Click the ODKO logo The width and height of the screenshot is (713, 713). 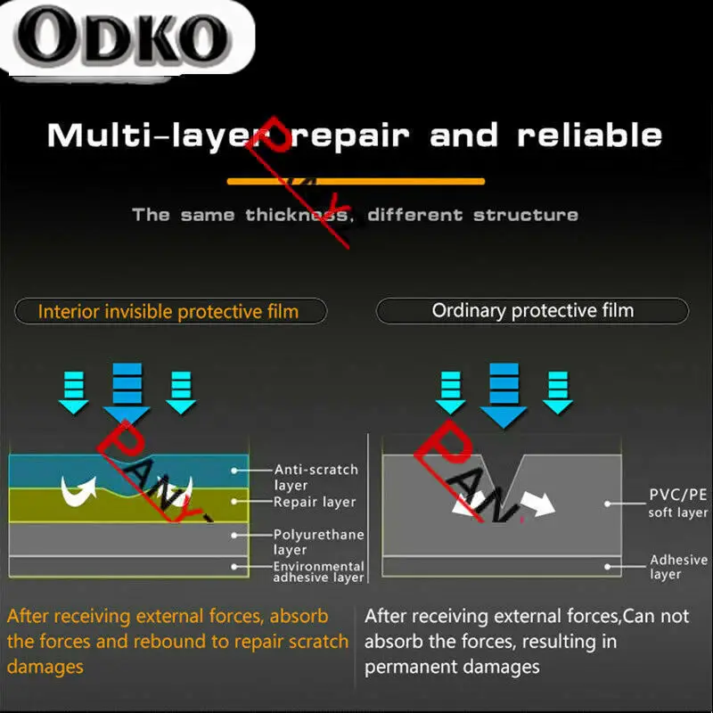120,37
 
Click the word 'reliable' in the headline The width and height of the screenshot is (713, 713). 590,136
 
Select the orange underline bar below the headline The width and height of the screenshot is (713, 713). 356,181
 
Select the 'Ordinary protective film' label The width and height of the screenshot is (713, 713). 533,311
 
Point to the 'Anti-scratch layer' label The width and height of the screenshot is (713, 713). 316,477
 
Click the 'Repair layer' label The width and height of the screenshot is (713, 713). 315,502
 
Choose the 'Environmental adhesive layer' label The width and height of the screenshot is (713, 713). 318,571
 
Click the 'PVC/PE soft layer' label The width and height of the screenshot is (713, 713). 678,504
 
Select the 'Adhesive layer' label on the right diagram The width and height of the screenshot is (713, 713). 678,567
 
